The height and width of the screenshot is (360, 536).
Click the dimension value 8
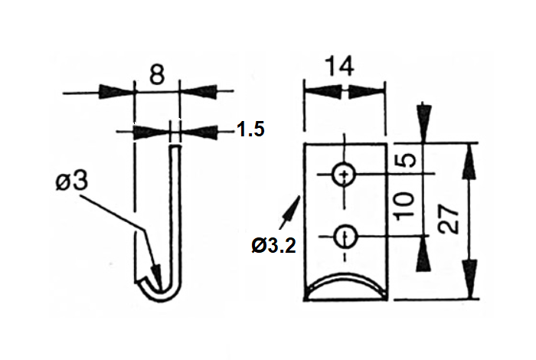point(156,75)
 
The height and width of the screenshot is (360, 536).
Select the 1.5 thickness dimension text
point(250,129)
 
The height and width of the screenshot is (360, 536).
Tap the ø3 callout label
point(71,183)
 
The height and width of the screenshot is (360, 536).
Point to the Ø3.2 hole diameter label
point(273,246)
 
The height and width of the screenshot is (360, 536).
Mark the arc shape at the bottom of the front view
point(345,283)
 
